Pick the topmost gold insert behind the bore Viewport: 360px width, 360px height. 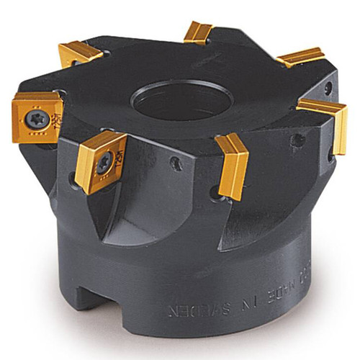[198, 32]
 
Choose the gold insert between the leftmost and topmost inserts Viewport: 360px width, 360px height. [81, 54]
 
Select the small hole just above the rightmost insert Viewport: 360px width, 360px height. [328, 88]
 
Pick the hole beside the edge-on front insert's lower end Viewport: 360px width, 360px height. [212, 192]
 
